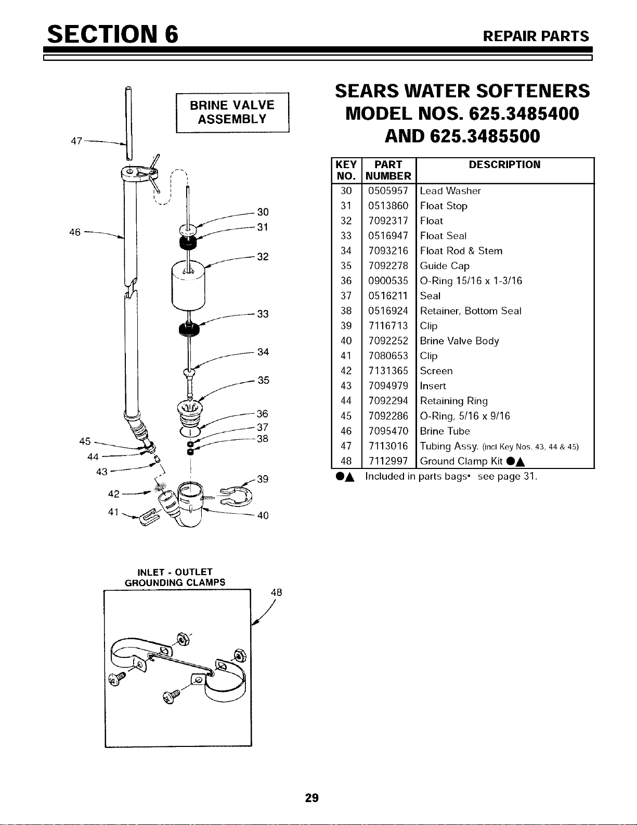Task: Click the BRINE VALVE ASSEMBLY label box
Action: coord(232,112)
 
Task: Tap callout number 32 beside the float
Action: coord(263,257)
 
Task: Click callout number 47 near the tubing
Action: coord(76,141)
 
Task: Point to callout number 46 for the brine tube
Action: coord(75,232)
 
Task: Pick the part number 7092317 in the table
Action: coord(388,221)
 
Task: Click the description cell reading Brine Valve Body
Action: coord(459,341)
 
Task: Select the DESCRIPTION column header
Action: coord(504,165)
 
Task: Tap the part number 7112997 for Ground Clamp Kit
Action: coord(388,461)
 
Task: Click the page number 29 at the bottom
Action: coord(311,797)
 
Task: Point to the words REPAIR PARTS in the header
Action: coord(536,36)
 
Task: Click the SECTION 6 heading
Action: coord(113,34)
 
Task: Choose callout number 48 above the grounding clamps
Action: coord(277,593)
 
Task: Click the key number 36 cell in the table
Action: coord(346,281)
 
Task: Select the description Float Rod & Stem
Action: coord(461,251)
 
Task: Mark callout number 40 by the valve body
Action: coord(263,516)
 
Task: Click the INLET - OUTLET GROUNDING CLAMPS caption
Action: coord(175,577)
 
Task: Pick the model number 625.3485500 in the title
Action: coord(485,136)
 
